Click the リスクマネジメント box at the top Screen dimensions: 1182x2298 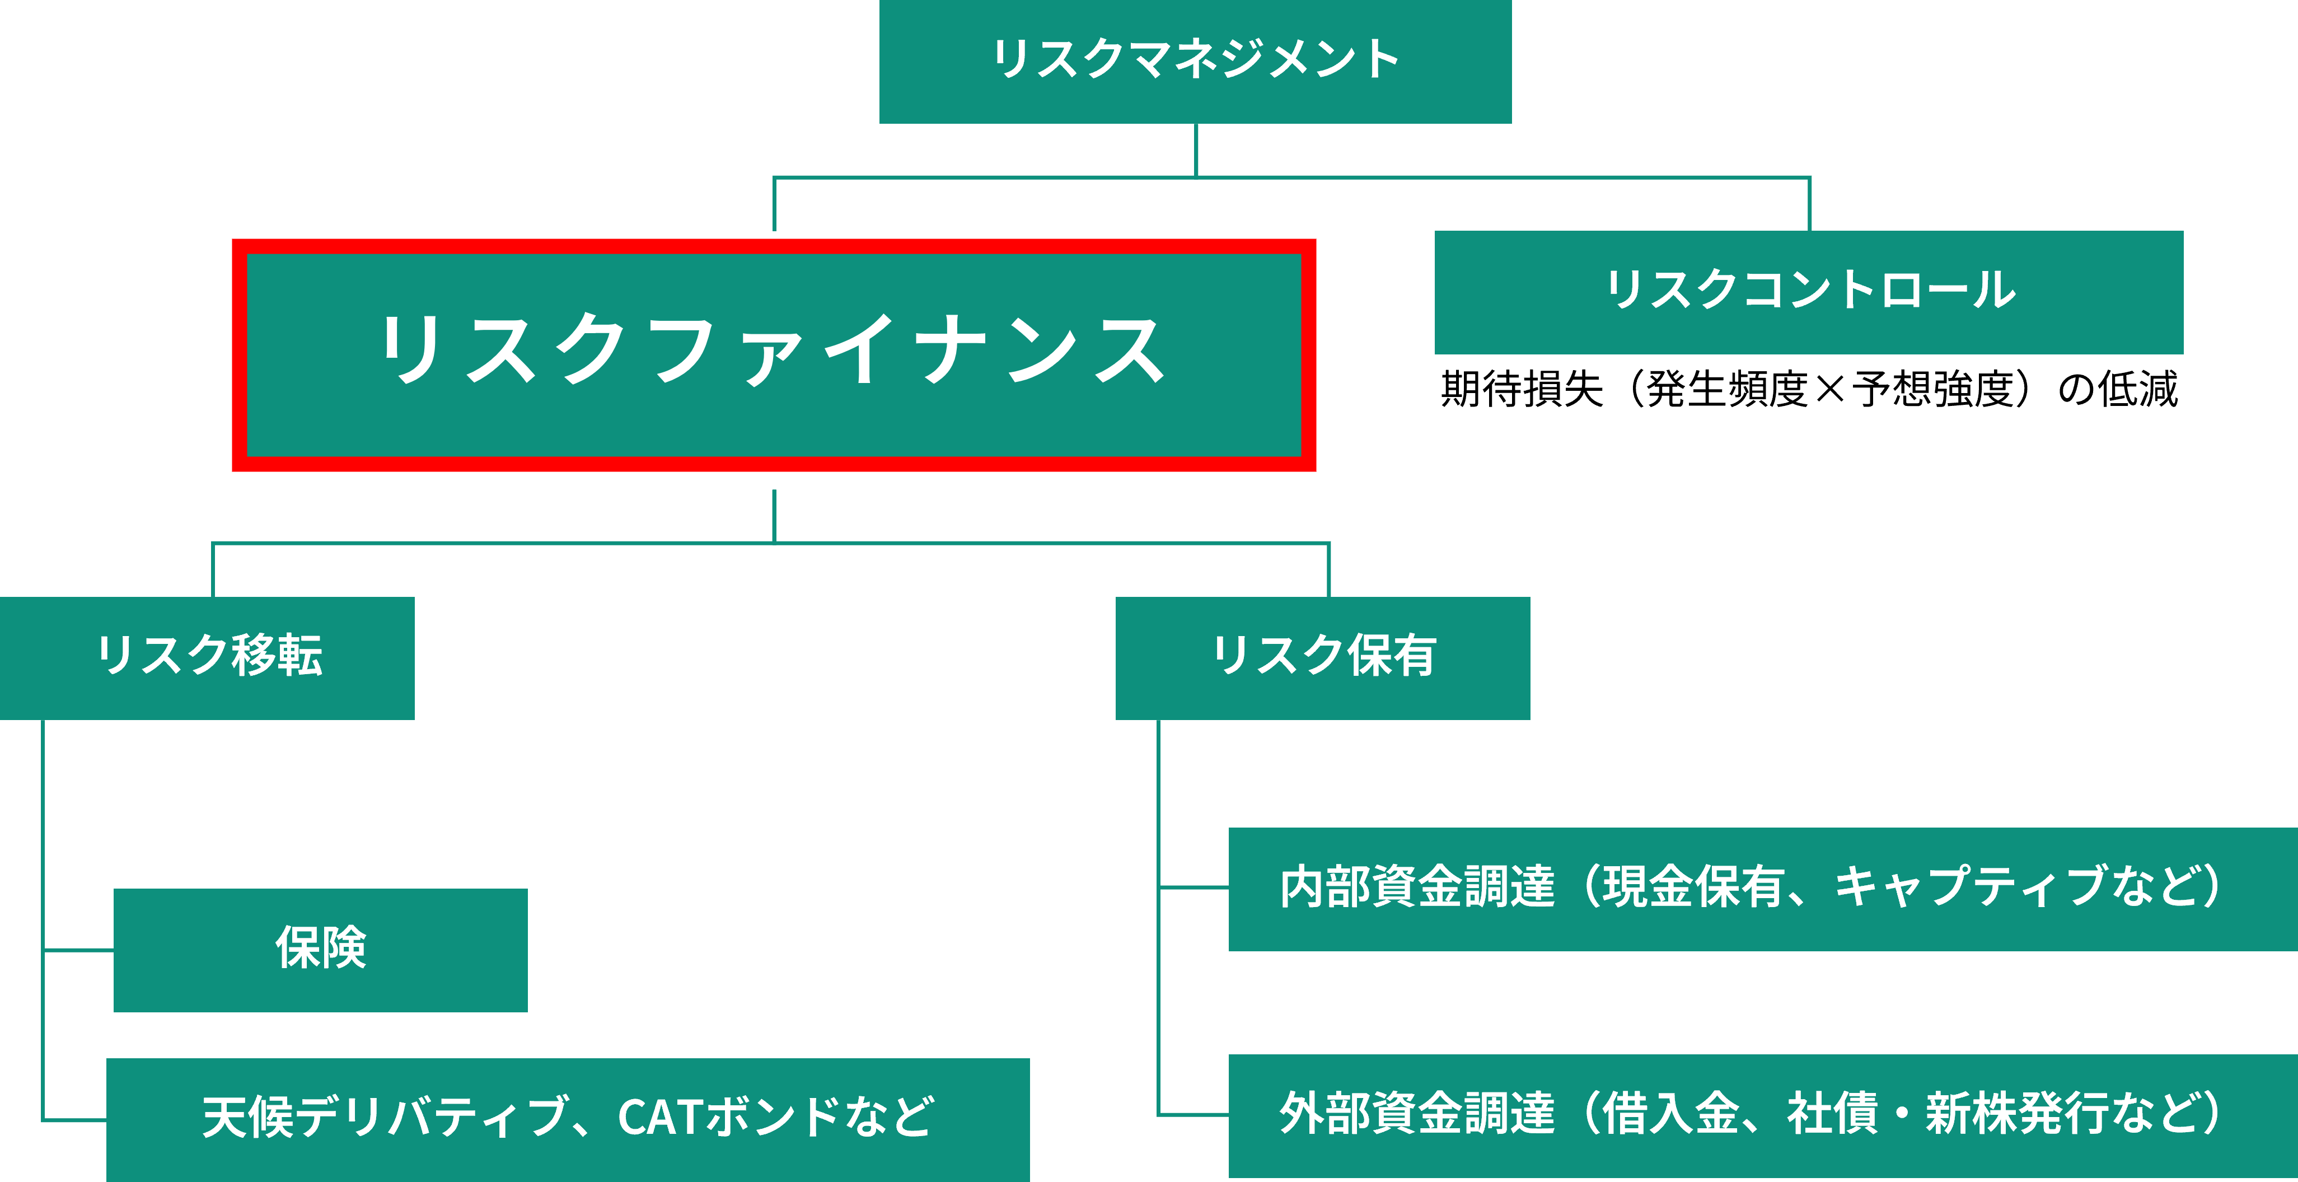click(x=1195, y=60)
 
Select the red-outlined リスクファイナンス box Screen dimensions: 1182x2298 click(x=774, y=354)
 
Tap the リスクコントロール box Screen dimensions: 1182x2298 click(x=1808, y=292)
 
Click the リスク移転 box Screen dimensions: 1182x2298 click(x=207, y=657)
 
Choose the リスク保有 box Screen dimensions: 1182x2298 click(x=1322, y=657)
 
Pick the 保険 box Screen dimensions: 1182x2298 click(x=320, y=949)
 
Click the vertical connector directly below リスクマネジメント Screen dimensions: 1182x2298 click(x=1195, y=150)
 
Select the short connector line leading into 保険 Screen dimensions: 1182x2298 click(x=78, y=951)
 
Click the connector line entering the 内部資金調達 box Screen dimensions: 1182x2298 click(x=1194, y=887)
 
